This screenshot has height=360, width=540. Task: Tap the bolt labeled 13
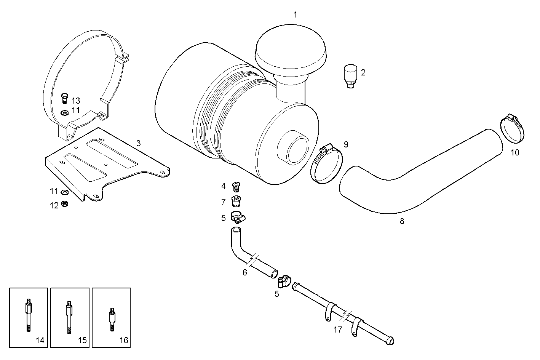64,98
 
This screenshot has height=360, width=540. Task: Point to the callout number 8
402,221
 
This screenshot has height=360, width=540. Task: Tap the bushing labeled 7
236,201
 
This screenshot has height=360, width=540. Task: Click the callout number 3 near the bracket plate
139,144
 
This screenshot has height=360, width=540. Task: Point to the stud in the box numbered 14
29,314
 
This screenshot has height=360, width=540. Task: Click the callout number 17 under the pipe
338,330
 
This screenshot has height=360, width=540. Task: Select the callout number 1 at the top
295,15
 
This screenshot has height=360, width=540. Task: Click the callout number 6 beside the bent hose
245,272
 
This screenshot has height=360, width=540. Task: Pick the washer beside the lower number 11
65,192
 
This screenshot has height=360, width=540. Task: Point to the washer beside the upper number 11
64,112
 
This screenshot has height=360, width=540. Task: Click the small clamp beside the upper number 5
238,218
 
